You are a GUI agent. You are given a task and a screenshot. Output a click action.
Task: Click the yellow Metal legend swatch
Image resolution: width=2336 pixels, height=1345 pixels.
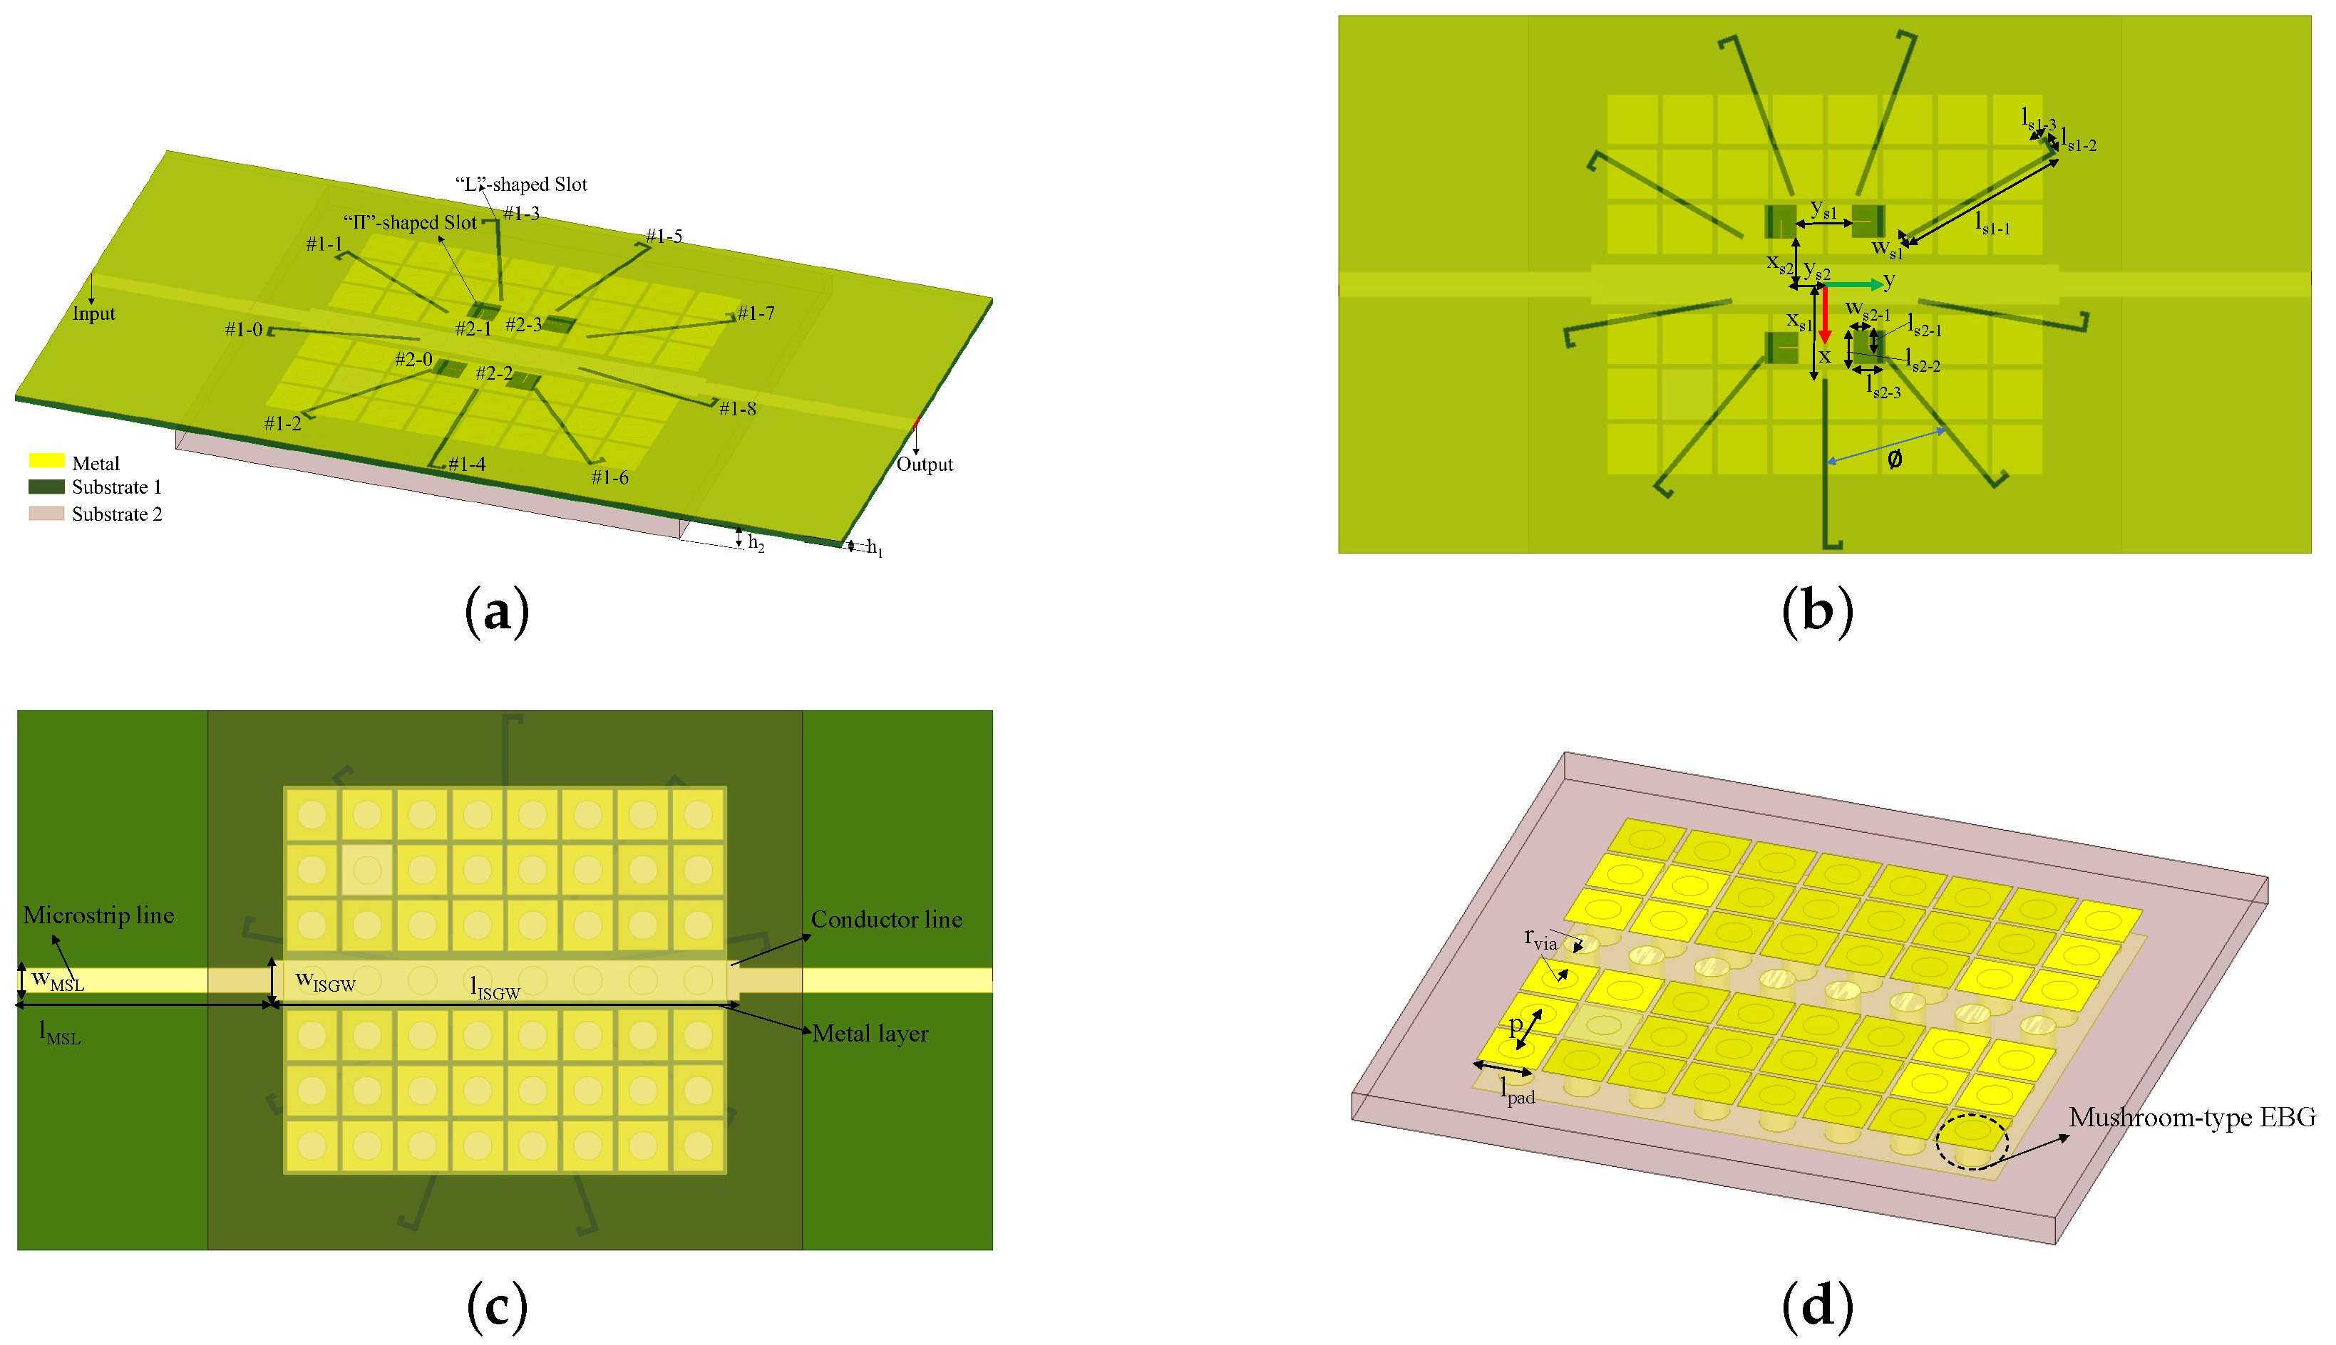tap(46, 460)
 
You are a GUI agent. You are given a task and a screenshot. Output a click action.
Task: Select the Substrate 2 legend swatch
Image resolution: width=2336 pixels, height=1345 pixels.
tap(46, 514)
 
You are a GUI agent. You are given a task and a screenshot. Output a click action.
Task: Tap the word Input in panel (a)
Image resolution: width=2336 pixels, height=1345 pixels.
tap(93, 314)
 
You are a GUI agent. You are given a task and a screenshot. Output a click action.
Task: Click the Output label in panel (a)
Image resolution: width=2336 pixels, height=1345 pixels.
tap(924, 464)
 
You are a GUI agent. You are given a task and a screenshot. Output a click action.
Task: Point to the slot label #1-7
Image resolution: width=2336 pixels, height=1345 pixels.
tap(756, 314)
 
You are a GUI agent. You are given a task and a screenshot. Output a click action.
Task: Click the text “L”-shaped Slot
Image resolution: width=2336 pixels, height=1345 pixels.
tap(521, 185)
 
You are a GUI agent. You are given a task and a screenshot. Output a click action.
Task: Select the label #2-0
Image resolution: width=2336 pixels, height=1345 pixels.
tap(413, 359)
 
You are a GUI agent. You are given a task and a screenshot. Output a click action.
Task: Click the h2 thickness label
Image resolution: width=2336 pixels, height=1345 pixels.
tap(756, 542)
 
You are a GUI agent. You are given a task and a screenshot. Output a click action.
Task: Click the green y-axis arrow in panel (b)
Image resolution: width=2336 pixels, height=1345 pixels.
tap(1853, 284)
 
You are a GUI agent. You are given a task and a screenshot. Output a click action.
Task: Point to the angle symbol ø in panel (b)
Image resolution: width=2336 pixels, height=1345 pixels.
tap(1894, 459)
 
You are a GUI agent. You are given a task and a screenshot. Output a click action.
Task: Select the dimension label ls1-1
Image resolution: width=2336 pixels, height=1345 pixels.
tap(1992, 224)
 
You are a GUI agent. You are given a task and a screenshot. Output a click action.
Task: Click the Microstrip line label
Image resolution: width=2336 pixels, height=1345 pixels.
tap(99, 915)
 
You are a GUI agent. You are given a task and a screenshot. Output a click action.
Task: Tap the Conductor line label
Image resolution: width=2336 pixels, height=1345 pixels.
tap(886, 920)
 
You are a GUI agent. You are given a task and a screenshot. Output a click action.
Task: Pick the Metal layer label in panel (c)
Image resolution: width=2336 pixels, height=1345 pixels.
tap(870, 1034)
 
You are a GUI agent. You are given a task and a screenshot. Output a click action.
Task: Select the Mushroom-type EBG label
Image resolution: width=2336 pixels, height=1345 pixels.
tap(2192, 1118)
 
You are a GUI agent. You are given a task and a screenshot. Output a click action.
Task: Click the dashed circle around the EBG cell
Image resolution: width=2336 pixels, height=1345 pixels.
tap(1972, 1142)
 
